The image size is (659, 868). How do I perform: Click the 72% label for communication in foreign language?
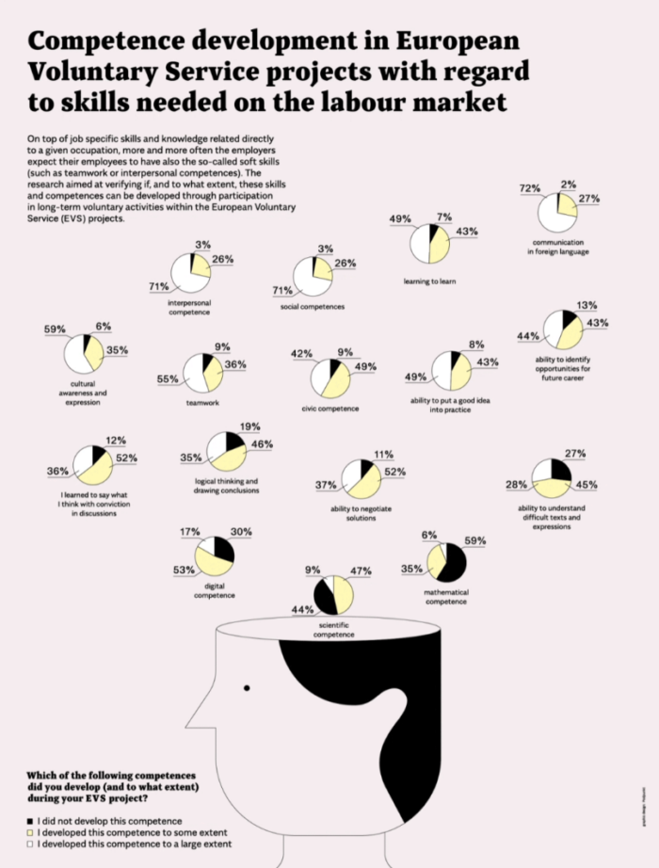click(x=530, y=188)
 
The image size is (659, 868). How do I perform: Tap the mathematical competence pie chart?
click(x=446, y=563)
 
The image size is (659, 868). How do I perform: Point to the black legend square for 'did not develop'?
click(x=30, y=821)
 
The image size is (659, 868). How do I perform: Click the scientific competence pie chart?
click(x=334, y=595)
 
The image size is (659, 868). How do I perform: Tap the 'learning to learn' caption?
click(x=429, y=281)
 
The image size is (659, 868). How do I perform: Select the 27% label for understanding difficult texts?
click(x=575, y=453)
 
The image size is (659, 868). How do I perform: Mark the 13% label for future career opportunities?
click(x=586, y=305)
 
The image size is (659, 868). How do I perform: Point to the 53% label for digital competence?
click(x=184, y=570)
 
